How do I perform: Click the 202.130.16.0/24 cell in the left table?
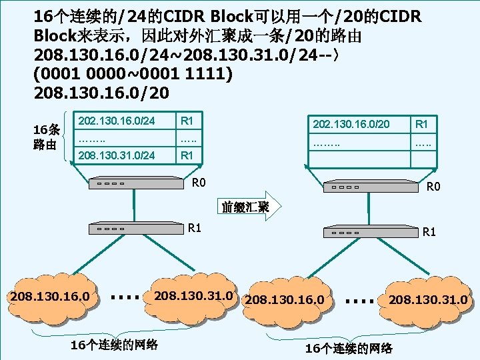click(x=117, y=121)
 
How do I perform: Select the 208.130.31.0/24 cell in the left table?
click(x=117, y=156)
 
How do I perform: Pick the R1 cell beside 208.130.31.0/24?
click(x=187, y=156)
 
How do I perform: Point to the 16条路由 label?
click(x=47, y=137)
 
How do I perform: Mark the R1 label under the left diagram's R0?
click(x=195, y=228)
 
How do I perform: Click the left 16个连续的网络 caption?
click(x=114, y=345)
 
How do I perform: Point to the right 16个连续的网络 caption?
click(x=349, y=349)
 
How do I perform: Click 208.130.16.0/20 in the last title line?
click(x=101, y=93)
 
